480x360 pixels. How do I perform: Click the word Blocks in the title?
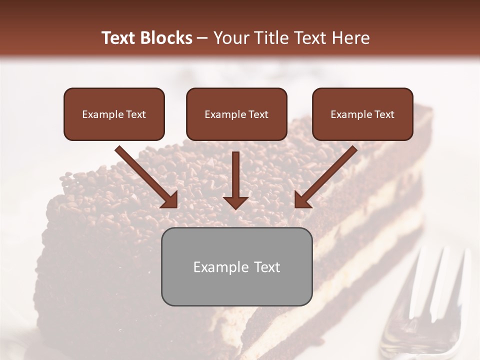point(166,38)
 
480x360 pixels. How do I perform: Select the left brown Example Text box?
point(114,114)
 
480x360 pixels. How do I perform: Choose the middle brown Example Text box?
point(236,114)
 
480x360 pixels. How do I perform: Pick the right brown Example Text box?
point(362,114)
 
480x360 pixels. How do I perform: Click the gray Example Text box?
point(236,266)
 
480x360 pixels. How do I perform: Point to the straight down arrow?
point(236,180)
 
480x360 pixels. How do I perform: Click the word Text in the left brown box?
point(136,114)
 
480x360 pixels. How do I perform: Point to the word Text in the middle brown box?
point(258,114)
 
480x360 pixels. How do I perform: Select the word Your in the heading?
point(228,38)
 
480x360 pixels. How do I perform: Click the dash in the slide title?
point(202,38)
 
